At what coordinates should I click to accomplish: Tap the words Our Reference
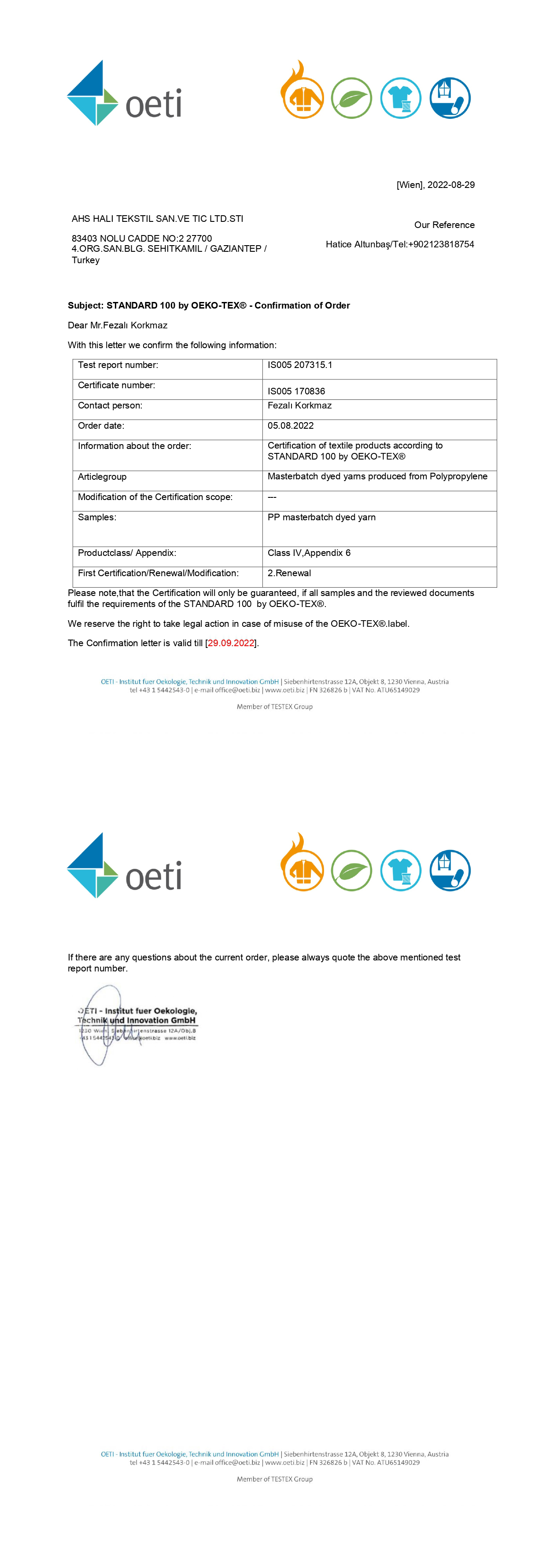click(444, 225)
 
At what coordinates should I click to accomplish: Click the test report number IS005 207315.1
click(300, 364)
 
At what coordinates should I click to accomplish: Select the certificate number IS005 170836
click(296, 391)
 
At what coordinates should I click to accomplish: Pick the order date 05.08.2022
click(291, 426)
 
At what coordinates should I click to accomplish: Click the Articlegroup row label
click(102, 477)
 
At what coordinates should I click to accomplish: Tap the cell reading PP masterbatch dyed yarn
click(321, 517)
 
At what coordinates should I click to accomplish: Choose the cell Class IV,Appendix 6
click(309, 553)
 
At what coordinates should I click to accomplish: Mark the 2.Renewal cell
click(289, 574)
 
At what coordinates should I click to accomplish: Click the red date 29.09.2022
click(231, 643)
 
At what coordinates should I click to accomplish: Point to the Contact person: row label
click(110, 405)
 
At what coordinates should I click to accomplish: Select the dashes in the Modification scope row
click(272, 497)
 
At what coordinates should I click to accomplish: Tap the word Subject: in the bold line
click(86, 305)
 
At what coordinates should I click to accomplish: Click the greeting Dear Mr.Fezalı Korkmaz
click(118, 325)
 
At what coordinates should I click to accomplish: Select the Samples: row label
click(97, 517)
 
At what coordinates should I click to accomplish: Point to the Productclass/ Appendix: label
click(127, 553)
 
